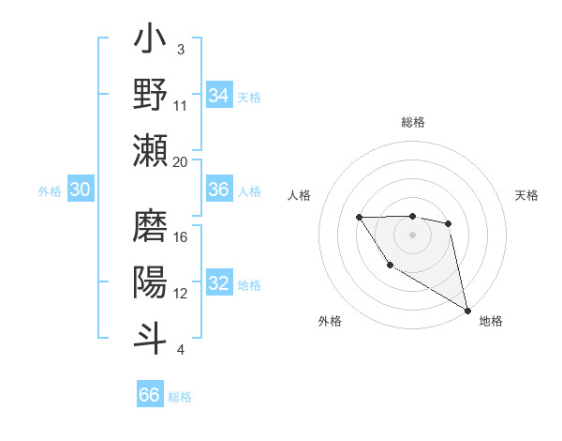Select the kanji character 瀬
(x=150, y=150)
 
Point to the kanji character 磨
(x=150, y=226)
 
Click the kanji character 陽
(x=150, y=281)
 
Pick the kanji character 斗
(x=150, y=334)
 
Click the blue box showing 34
(x=219, y=96)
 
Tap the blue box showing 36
(x=219, y=190)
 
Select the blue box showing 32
(x=219, y=284)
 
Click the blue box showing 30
(x=80, y=190)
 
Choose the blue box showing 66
(x=150, y=395)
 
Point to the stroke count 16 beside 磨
(x=181, y=237)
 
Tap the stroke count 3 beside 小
(x=181, y=50)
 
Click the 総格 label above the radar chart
(x=413, y=122)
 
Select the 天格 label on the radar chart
(x=527, y=195)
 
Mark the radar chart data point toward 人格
(x=360, y=218)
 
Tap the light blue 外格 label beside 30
(x=50, y=191)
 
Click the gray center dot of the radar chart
(x=413, y=234)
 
